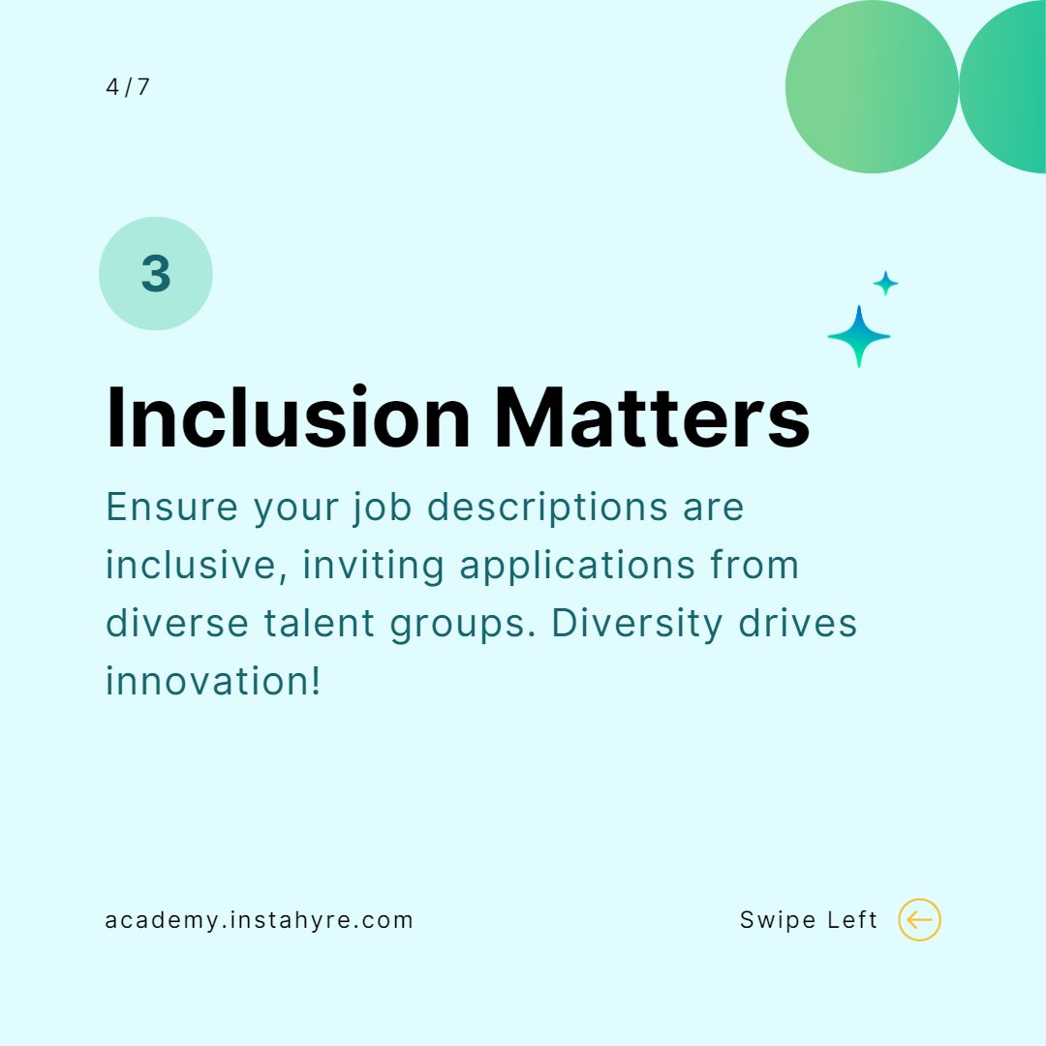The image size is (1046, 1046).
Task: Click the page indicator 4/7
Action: (x=128, y=87)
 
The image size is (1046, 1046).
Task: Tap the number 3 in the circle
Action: (x=156, y=274)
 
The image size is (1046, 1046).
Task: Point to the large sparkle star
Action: (x=858, y=336)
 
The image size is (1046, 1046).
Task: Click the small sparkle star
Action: (x=885, y=284)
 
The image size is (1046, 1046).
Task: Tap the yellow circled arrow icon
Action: (x=919, y=920)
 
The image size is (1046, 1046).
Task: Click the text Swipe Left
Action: (x=809, y=920)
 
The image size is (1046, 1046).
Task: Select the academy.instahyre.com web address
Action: (x=259, y=920)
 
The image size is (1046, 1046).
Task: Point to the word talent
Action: (x=319, y=624)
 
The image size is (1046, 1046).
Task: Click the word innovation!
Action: (x=213, y=682)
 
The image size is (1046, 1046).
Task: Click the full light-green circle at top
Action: (x=872, y=87)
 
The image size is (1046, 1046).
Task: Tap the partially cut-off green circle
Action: (x=1007, y=87)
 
